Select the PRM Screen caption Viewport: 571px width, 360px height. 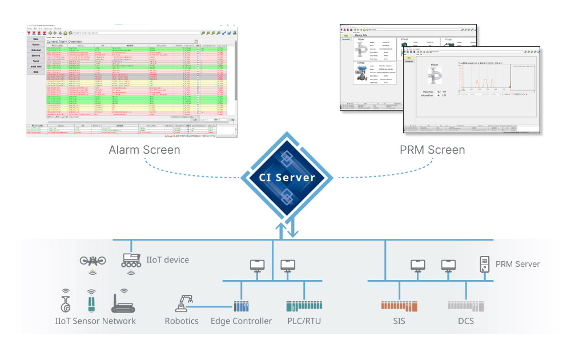pyautogui.click(x=432, y=150)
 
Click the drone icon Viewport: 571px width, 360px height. pyautogui.click(x=92, y=261)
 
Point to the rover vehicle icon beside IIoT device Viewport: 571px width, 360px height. pyautogui.click(x=132, y=261)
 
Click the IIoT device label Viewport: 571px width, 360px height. pyautogui.click(x=168, y=260)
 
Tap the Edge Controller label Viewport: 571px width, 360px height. pyautogui.click(x=242, y=321)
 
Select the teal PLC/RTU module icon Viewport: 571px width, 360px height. pyautogui.click(x=303, y=306)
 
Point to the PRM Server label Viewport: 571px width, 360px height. pyautogui.click(x=517, y=263)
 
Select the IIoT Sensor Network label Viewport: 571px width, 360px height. pyautogui.click(x=95, y=321)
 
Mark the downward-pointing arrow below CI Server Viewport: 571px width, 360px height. pyautogui.click(x=292, y=229)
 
